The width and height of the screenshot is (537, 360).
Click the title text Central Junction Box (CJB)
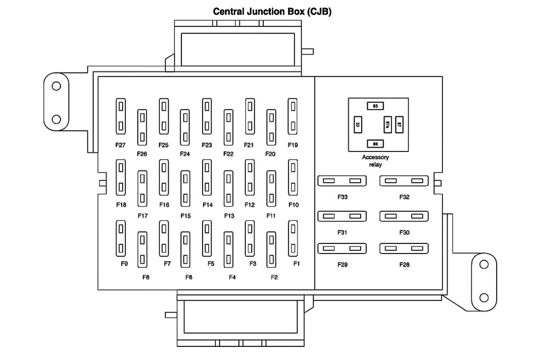coord(272,11)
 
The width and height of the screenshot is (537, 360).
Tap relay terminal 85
coord(375,106)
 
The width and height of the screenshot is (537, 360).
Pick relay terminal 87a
coord(387,125)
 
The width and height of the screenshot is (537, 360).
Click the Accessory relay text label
coord(375,161)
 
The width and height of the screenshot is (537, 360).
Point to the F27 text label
coord(120,145)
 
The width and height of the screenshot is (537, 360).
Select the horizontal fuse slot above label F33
coord(342,181)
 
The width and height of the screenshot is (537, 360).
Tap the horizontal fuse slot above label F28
coord(404,248)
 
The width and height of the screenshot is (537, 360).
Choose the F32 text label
coord(404,197)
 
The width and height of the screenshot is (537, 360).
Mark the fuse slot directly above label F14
coord(207,176)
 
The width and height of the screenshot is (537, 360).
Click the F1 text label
coord(297,264)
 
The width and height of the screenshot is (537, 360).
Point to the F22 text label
coord(228,154)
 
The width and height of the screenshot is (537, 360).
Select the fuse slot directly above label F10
coord(292,176)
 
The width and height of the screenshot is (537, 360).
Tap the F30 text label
coord(404,232)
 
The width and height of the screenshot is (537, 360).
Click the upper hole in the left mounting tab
coord(56,87)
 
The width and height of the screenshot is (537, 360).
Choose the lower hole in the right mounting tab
coord(484,297)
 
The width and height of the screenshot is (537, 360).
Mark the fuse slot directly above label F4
coord(228,250)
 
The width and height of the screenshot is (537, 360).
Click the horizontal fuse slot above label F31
coord(342,216)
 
